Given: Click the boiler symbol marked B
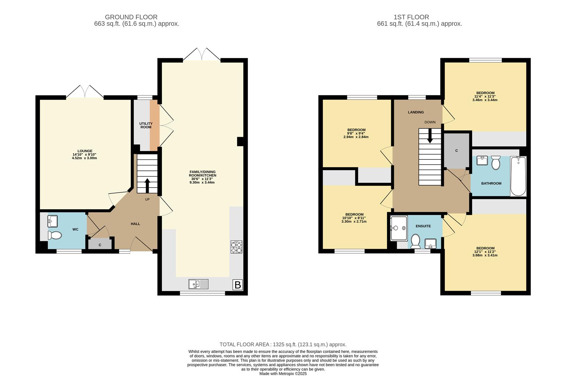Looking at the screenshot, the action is point(237,285).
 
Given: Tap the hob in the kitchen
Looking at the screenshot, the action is point(236,247).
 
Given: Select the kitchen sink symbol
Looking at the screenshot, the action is point(198,284).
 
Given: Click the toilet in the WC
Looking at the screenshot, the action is point(55,235).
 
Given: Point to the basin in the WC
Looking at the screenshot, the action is point(53,221).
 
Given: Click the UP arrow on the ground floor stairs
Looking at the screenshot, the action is point(147,186).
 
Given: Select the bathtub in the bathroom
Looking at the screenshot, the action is point(518,176).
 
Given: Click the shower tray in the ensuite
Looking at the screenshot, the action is point(399,228).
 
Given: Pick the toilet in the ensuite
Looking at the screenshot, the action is point(415,241).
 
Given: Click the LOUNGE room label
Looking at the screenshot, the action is point(85,151).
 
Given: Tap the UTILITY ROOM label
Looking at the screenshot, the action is point(146,125).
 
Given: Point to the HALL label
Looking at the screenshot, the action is point(135,224).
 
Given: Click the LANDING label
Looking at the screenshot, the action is point(416,112).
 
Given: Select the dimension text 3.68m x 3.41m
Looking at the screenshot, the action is point(485,255).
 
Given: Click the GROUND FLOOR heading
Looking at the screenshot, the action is point(131,17).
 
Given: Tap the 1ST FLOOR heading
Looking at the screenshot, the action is point(411,17).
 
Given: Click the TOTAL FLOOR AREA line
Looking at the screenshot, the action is point(283,344).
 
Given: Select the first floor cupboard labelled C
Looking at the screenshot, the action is point(457,151).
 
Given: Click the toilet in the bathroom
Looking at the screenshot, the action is point(496,163).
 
